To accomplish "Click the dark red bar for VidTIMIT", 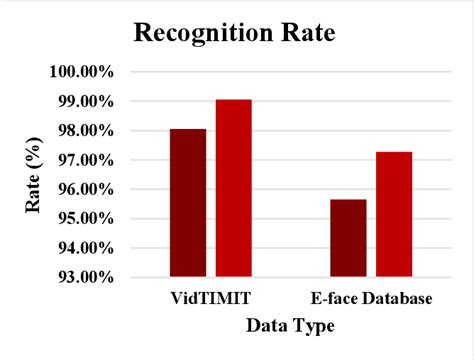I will [x=187, y=202].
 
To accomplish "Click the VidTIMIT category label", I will [x=210, y=299].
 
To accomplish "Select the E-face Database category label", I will [x=371, y=299].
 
